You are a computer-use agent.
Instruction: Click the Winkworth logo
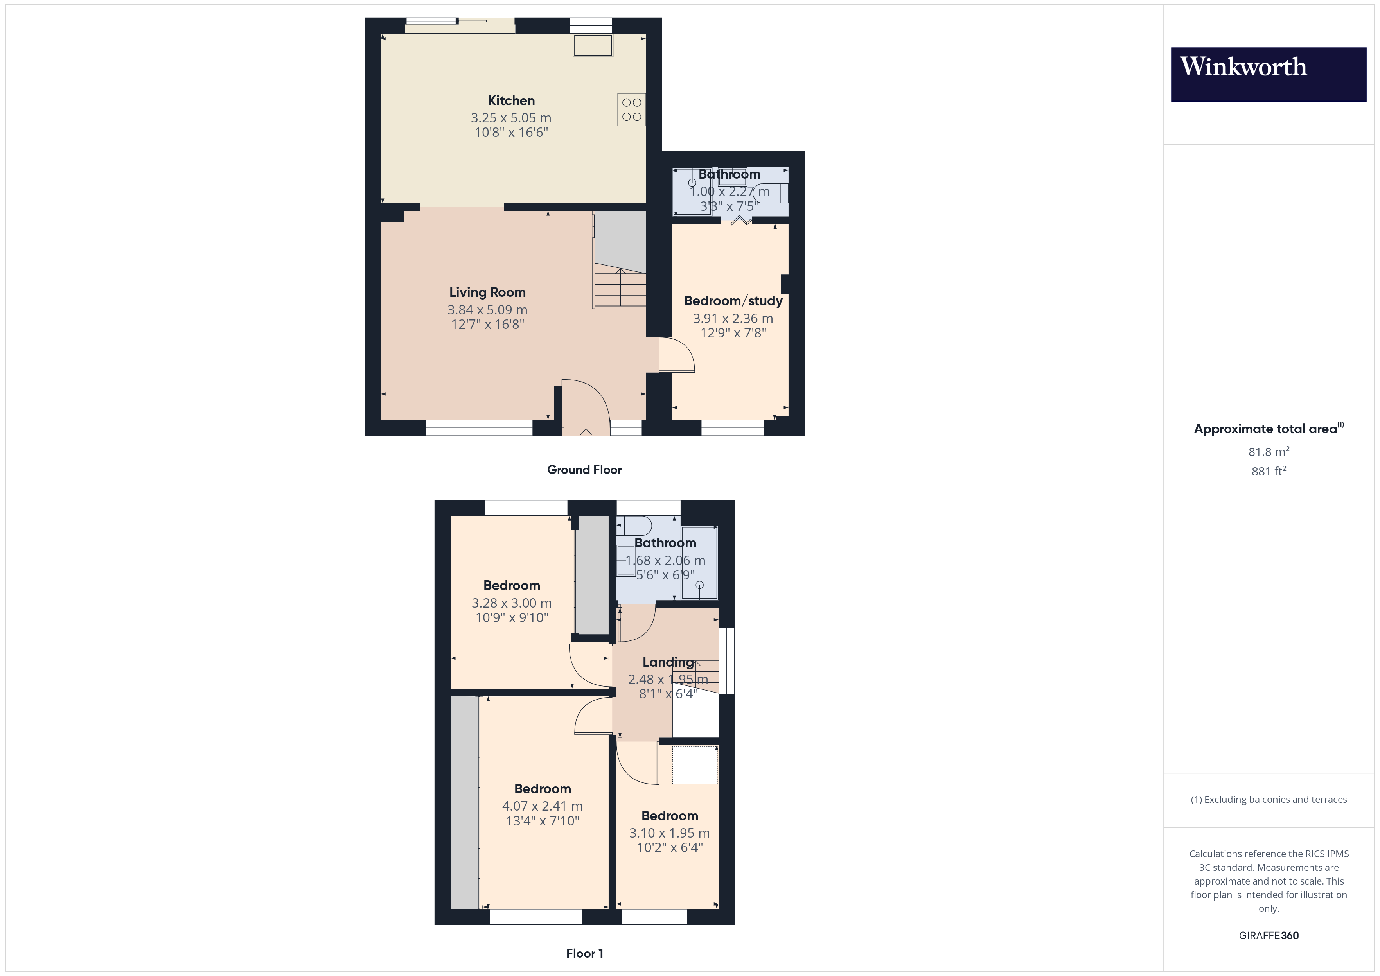(1268, 75)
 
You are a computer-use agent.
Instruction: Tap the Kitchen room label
(511, 101)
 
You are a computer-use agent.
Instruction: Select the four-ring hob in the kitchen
(631, 109)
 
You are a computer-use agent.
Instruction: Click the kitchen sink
(593, 45)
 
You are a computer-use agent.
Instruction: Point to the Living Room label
(487, 292)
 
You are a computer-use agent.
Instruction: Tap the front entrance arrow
(586, 434)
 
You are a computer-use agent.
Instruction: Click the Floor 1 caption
(584, 953)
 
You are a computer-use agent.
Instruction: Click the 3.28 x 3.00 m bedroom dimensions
(512, 603)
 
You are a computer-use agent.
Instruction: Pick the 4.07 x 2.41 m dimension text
(542, 806)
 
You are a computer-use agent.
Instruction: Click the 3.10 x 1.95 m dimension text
(670, 833)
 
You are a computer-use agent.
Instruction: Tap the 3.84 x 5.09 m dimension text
(487, 310)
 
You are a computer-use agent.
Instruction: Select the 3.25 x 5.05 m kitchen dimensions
(511, 118)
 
